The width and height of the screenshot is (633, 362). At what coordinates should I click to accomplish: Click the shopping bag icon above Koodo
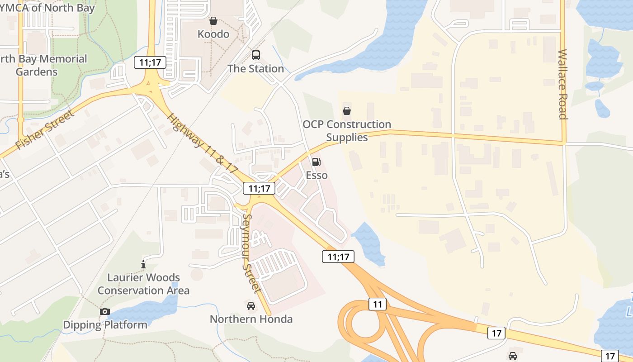213,21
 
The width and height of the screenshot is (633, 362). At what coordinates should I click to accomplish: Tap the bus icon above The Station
256,55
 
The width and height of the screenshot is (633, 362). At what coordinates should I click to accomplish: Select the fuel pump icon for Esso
316,162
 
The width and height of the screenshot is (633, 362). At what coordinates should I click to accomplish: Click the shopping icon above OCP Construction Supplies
347,110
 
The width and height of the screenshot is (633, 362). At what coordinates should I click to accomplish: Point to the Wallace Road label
562,84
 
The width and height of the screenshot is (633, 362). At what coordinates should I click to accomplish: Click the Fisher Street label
45,130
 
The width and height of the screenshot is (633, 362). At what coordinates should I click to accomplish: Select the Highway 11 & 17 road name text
202,143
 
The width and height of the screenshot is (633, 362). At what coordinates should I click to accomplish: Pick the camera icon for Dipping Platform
105,311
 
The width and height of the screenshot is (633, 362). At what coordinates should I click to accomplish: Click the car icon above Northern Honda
251,306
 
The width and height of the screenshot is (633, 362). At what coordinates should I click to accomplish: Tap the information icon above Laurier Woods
143,264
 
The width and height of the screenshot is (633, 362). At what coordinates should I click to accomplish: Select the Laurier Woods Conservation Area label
143,284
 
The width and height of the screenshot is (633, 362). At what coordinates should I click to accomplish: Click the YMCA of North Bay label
47,8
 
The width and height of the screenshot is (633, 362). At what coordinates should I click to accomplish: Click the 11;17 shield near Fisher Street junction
150,62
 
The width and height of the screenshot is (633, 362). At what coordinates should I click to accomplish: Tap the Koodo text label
213,34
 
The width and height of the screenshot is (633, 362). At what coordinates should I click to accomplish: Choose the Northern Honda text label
251,319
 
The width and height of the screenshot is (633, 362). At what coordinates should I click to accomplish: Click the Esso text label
316,175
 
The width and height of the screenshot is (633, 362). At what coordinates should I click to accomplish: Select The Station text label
255,69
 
